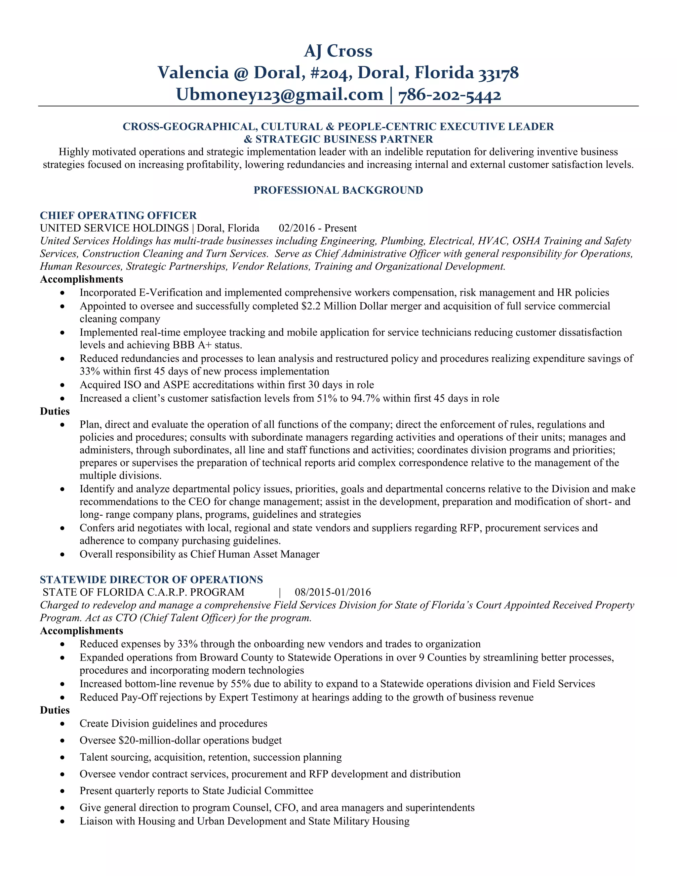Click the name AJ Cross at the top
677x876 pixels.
point(338,51)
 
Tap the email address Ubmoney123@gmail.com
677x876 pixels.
point(280,95)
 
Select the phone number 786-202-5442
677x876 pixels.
point(450,95)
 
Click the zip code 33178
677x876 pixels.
point(499,73)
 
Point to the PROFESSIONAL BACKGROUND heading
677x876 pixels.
point(338,190)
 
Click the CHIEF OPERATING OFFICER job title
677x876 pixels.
point(118,216)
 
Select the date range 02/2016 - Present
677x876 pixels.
point(318,228)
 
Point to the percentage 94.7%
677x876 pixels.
point(365,398)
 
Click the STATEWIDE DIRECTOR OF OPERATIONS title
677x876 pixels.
point(151,579)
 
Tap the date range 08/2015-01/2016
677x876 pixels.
point(333,592)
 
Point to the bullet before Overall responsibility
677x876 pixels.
point(62,555)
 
